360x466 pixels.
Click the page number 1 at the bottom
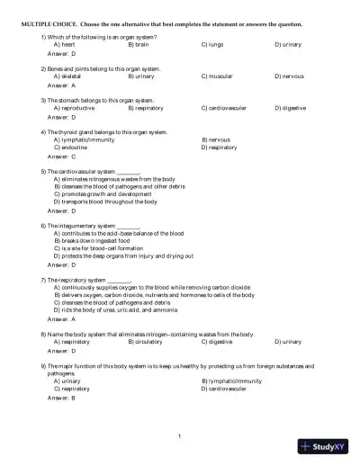pyautogui.click(x=180, y=436)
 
